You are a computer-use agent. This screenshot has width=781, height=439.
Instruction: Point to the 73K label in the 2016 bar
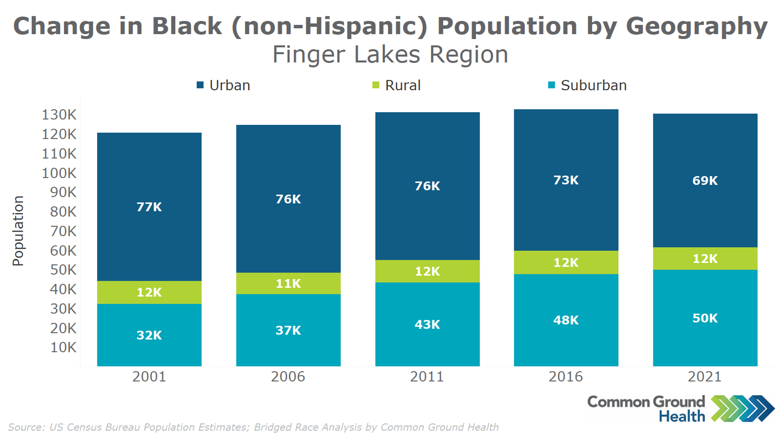pos(566,180)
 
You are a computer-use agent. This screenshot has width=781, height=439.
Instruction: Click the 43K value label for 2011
pos(427,324)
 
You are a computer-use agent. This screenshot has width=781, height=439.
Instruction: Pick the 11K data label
pos(288,283)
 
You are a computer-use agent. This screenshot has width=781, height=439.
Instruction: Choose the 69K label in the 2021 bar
pos(705,180)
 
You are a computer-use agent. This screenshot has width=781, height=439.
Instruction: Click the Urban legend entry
pos(229,85)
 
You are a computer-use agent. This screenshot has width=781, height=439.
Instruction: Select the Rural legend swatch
pos(376,85)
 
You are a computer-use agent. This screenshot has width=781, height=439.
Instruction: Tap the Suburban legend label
pos(593,85)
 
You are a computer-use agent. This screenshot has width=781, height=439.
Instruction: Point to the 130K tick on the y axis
pos(59,115)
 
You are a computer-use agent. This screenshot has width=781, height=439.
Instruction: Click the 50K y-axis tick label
pos(63,270)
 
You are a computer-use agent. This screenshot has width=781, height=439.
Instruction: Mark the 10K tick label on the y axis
pos(63,348)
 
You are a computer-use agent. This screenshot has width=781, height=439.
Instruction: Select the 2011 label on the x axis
pos(427,376)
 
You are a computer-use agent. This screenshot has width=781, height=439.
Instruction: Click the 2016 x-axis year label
pos(565,376)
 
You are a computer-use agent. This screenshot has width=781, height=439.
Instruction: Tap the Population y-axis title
pos(18,231)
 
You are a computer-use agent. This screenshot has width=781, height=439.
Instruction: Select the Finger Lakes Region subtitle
pos(390,54)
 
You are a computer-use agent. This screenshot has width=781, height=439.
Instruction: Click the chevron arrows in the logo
pos(742,408)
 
